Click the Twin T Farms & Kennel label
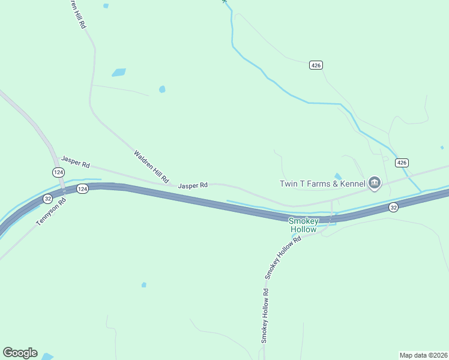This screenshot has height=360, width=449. (x=322, y=183)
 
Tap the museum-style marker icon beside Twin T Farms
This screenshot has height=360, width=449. (x=375, y=183)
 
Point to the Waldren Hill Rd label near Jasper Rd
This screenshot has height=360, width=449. (x=151, y=167)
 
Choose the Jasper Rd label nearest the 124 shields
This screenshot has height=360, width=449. (x=75, y=162)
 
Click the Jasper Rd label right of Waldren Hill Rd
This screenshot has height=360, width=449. (x=193, y=185)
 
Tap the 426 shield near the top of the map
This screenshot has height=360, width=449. (x=316, y=65)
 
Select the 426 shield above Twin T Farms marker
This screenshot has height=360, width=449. (x=402, y=163)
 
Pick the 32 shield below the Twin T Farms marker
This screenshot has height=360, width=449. (x=393, y=207)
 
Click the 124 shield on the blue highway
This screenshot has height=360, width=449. (x=83, y=189)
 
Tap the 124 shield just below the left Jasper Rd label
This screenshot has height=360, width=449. (x=58, y=172)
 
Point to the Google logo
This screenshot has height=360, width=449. (x=20, y=353)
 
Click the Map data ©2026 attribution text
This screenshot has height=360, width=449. (x=423, y=355)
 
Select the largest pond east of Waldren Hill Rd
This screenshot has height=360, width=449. (x=119, y=73)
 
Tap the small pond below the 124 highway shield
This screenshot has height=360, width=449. (x=143, y=284)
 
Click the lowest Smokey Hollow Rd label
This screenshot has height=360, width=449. (x=264, y=316)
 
